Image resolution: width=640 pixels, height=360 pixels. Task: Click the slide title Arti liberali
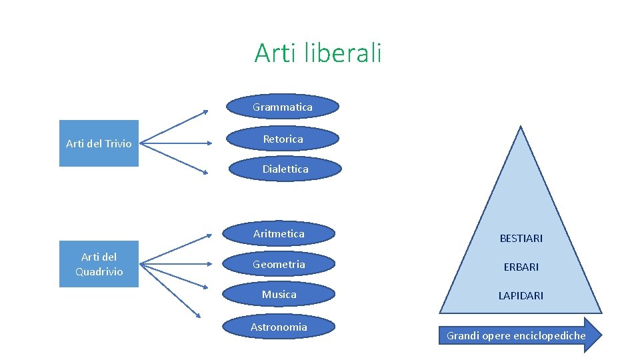[317, 53]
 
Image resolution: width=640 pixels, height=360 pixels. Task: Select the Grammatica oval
[283, 107]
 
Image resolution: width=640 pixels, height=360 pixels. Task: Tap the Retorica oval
[283, 139]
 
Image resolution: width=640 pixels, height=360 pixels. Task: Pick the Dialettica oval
[285, 169]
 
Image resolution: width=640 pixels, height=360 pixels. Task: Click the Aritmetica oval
[279, 233]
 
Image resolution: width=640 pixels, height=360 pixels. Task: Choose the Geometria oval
[279, 265]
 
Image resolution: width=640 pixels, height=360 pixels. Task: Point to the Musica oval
[279, 295]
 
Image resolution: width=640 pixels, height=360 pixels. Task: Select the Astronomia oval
[279, 327]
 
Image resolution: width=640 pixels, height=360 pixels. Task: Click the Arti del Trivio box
[99, 143]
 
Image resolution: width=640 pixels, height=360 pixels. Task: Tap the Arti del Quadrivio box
[99, 264]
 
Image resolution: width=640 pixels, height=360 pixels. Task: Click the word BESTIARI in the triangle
[521, 238]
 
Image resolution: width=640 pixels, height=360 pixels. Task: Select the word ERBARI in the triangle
[521, 267]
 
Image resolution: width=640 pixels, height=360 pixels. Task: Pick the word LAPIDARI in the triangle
[521, 295]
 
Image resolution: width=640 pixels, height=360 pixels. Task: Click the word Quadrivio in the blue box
[99, 271]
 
